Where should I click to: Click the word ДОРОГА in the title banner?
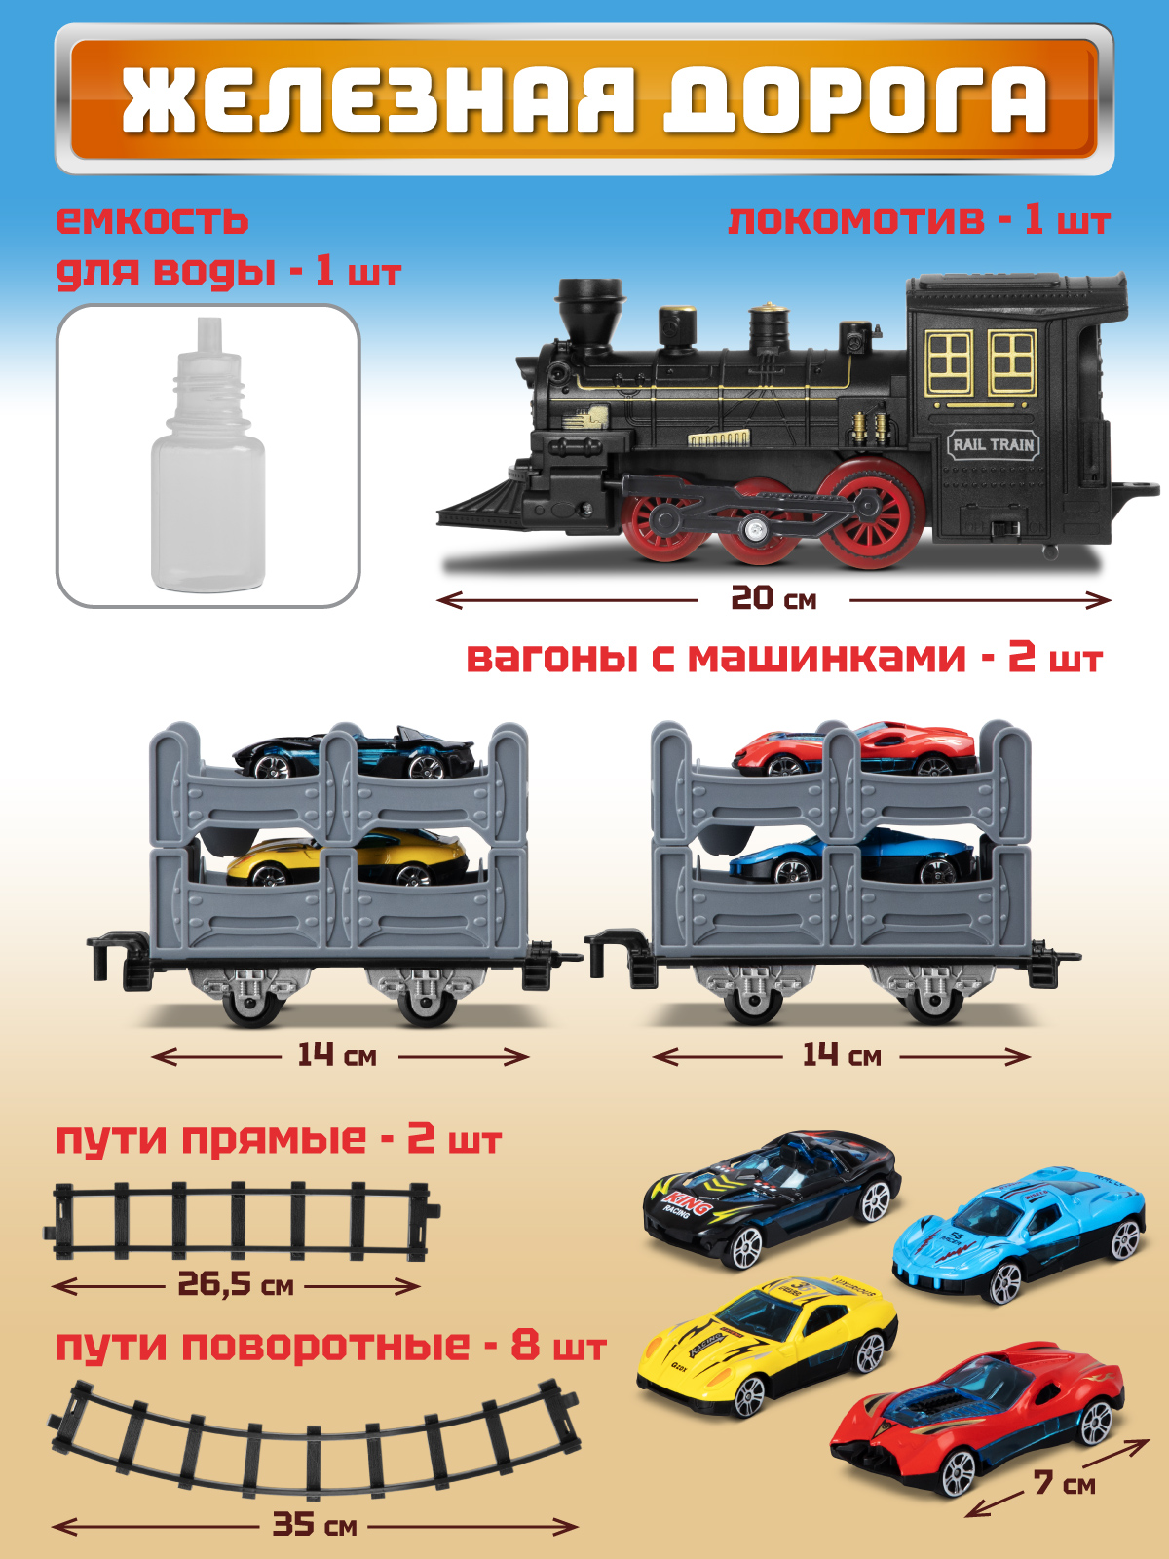(855, 100)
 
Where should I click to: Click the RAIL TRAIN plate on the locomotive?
(993, 445)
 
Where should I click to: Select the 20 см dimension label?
(773, 598)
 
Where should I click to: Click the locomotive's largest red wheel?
(870, 513)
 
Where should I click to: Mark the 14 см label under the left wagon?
(336, 1055)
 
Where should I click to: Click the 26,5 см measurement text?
(235, 1284)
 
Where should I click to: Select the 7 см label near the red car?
(1064, 1483)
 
